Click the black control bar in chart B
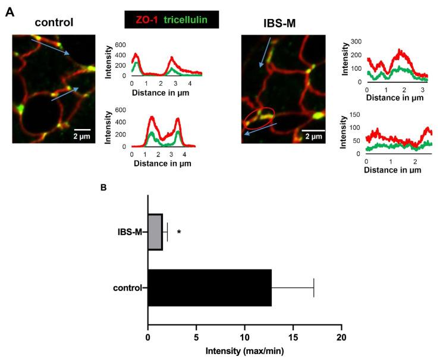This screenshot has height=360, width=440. (209, 288)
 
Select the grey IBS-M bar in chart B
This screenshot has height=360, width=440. (155, 231)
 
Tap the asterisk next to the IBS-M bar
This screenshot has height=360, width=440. (178, 233)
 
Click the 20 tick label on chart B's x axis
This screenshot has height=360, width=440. (341, 337)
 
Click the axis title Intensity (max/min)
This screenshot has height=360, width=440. (244, 350)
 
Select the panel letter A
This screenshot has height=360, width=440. (10, 12)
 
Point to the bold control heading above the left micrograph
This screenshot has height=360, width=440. (54, 23)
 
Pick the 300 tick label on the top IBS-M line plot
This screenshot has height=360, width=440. (356, 42)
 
